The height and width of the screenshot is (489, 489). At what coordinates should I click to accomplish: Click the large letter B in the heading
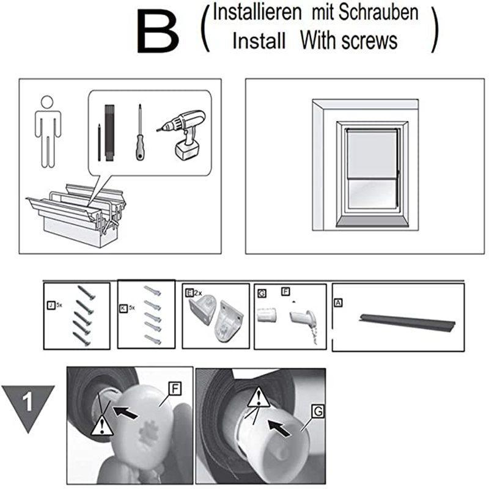158,31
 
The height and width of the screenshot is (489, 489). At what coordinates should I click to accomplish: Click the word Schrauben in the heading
378,12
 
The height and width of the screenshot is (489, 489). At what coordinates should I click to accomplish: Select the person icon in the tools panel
48,131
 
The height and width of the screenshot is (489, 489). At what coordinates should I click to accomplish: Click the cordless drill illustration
182,134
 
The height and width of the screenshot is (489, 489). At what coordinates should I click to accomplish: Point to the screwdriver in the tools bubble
140,132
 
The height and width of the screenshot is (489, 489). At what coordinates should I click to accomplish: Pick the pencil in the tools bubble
99,142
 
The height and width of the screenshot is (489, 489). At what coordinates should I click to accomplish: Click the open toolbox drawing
76,215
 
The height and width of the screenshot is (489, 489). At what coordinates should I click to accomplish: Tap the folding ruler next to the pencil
109,133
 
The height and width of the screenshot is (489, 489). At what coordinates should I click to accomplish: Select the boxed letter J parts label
51,305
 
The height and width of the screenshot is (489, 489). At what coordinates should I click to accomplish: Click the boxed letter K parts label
123,309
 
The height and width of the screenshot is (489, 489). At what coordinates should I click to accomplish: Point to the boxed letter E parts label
189,293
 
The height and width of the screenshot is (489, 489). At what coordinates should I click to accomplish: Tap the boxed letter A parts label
338,303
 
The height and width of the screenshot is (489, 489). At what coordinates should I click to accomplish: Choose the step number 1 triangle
28,405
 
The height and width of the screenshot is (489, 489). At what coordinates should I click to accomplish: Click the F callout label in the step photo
175,389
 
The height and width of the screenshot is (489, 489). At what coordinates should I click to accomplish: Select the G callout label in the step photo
318,411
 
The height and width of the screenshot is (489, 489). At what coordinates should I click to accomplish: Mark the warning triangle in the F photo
101,425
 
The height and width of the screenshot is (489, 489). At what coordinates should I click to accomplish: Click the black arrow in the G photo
279,428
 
